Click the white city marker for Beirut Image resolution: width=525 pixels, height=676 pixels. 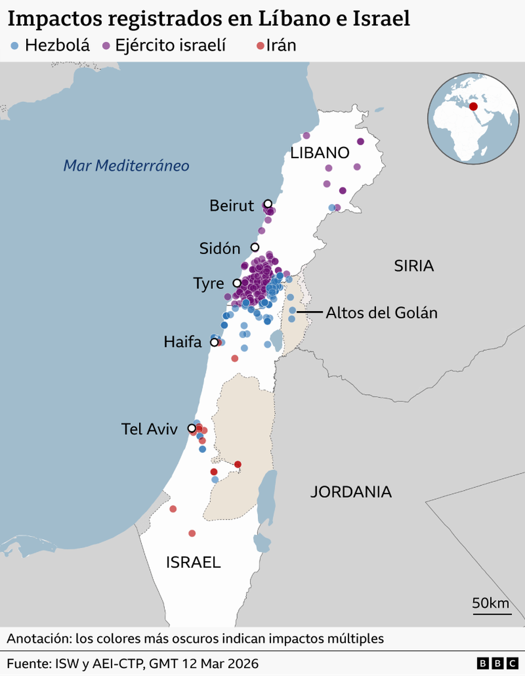268,204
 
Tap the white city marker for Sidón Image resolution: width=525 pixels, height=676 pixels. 255,247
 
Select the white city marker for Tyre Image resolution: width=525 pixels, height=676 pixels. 237,283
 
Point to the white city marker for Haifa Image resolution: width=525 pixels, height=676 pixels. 214,342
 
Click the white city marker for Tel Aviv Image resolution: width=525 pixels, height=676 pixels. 192,428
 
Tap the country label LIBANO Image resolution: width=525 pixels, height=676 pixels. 320,153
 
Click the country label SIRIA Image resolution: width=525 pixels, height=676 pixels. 414,266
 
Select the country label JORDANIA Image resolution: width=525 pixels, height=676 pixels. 351,492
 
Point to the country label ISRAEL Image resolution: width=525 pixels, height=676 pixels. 193,562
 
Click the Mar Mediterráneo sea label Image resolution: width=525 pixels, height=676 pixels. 126,165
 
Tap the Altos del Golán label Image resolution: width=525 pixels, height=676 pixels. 381,313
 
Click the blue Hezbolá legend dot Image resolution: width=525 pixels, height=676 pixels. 15,46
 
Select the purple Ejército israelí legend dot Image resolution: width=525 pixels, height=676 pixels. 106,46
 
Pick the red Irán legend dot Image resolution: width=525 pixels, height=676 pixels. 259,46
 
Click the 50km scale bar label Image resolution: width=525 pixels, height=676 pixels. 490,603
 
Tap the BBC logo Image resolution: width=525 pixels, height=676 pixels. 497,663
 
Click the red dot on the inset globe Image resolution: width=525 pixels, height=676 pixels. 474,107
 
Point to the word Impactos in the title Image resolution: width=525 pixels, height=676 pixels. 54,19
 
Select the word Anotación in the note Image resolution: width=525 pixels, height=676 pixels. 38,639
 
